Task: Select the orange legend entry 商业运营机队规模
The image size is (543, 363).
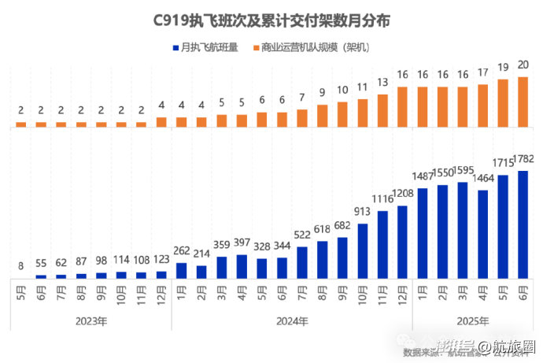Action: click(x=313, y=48)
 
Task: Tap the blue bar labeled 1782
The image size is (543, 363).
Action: click(x=523, y=224)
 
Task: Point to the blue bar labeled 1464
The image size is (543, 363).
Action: click(x=483, y=234)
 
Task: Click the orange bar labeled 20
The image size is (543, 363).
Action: click(x=523, y=102)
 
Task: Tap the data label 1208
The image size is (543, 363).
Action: click(x=403, y=193)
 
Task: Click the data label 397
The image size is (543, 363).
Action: click(x=242, y=241)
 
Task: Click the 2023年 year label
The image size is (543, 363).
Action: click(x=91, y=321)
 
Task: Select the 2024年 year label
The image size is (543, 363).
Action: click(x=292, y=321)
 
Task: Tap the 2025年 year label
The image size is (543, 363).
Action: click(x=473, y=321)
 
